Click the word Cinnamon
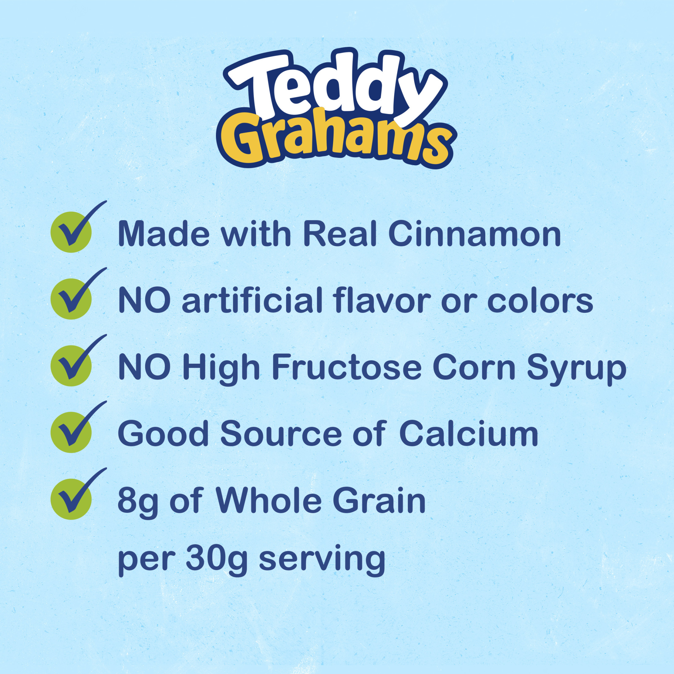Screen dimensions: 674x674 pyautogui.click(x=474, y=234)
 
